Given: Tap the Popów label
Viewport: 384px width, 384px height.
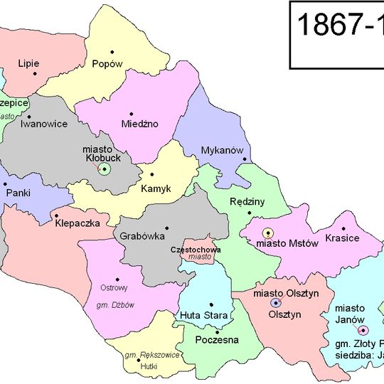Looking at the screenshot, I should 107,63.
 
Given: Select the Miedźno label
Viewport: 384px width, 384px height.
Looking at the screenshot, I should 139,124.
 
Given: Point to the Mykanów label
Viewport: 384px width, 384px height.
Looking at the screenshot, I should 223,151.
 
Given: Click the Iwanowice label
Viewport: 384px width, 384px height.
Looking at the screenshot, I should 44,124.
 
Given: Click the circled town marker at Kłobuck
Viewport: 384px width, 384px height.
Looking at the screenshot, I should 105,169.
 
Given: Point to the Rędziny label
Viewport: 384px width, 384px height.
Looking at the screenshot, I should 247,202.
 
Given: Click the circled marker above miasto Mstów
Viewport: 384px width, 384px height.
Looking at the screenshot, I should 268,233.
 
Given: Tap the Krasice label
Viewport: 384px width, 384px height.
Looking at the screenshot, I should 342,238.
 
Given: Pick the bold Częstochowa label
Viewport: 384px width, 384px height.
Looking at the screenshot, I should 196,250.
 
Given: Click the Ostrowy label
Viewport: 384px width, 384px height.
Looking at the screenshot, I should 114,288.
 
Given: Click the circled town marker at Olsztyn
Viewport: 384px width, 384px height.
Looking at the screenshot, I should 275,303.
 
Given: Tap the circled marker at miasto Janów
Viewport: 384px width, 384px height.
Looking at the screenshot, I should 363,331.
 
